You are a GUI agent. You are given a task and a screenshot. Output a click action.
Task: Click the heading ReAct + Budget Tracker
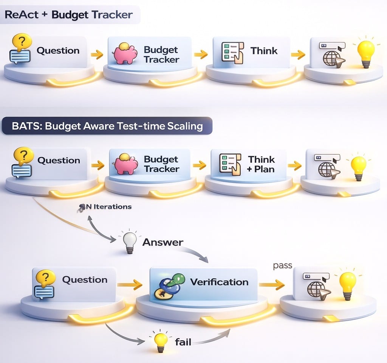click(x=69, y=15)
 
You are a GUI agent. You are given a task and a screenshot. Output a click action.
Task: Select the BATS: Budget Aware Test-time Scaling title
click(x=107, y=126)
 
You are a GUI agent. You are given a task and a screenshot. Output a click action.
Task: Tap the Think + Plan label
click(x=261, y=164)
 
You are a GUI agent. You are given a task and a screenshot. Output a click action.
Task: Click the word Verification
click(x=219, y=282)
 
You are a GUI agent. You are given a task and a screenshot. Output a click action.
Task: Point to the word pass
click(x=282, y=265)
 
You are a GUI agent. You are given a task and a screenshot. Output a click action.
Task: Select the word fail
click(x=183, y=343)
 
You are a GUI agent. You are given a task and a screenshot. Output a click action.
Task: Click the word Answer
click(x=163, y=242)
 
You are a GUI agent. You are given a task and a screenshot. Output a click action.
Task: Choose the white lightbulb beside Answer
click(x=130, y=242)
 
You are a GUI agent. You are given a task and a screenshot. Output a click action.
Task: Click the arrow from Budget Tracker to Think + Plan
click(x=199, y=165)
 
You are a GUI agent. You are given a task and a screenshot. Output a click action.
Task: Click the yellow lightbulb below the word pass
click(x=348, y=284)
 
